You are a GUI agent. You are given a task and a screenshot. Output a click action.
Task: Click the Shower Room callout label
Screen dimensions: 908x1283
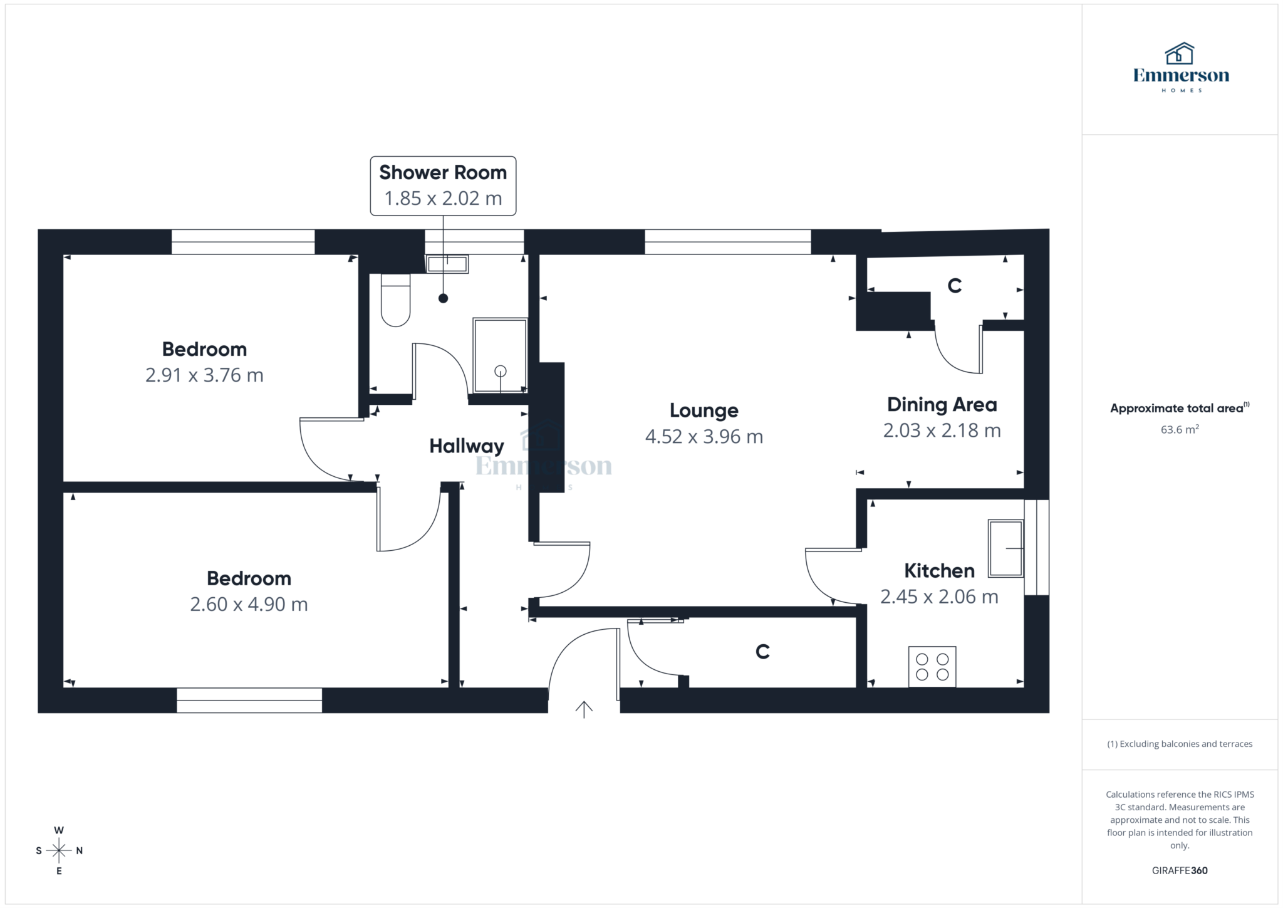pyautogui.click(x=443, y=172)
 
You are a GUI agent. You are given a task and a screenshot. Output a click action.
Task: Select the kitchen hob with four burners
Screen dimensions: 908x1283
pyautogui.click(x=932, y=667)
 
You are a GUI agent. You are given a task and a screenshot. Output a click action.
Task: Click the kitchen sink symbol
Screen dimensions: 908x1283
pyautogui.click(x=1005, y=548)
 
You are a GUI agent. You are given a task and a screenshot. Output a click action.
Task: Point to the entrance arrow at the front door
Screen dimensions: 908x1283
pyautogui.click(x=584, y=709)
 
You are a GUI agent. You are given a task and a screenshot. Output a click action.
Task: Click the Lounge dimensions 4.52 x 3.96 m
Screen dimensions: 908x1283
pyautogui.click(x=704, y=436)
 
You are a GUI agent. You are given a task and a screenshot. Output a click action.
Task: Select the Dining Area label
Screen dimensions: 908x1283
pyautogui.click(x=942, y=405)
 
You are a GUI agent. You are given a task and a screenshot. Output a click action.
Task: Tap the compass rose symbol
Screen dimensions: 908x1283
pyautogui.click(x=59, y=850)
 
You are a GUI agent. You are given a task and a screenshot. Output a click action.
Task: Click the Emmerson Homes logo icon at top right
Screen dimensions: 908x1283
pyautogui.click(x=1180, y=54)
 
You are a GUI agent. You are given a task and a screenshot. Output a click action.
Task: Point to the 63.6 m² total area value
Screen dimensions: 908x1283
pyautogui.click(x=1180, y=429)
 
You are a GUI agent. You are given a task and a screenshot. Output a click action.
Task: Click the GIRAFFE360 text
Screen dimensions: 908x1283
pyautogui.click(x=1179, y=870)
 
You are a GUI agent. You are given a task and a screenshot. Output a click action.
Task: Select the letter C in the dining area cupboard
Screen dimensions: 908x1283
pyautogui.click(x=954, y=286)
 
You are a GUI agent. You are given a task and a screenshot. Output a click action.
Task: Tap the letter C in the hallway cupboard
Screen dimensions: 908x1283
pyautogui.click(x=762, y=652)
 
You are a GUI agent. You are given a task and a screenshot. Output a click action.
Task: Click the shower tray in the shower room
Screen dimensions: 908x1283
pyautogui.click(x=500, y=355)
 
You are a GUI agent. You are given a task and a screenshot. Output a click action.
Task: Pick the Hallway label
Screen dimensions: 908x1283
pyautogui.click(x=466, y=446)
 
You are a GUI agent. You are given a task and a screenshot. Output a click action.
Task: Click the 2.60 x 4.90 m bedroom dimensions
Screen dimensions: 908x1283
pyautogui.click(x=249, y=604)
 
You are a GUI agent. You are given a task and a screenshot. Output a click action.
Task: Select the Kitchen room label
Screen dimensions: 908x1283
pyautogui.click(x=939, y=571)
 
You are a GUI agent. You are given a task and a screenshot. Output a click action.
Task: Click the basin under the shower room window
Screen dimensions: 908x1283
pyautogui.click(x=447, y=264)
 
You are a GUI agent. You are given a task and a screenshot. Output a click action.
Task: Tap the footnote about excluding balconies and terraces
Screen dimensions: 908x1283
pyautogui.click(x=1180, y=744)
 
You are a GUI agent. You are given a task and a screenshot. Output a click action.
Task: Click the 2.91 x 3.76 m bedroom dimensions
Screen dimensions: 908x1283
pyautogui.click(x=204, y=375)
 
